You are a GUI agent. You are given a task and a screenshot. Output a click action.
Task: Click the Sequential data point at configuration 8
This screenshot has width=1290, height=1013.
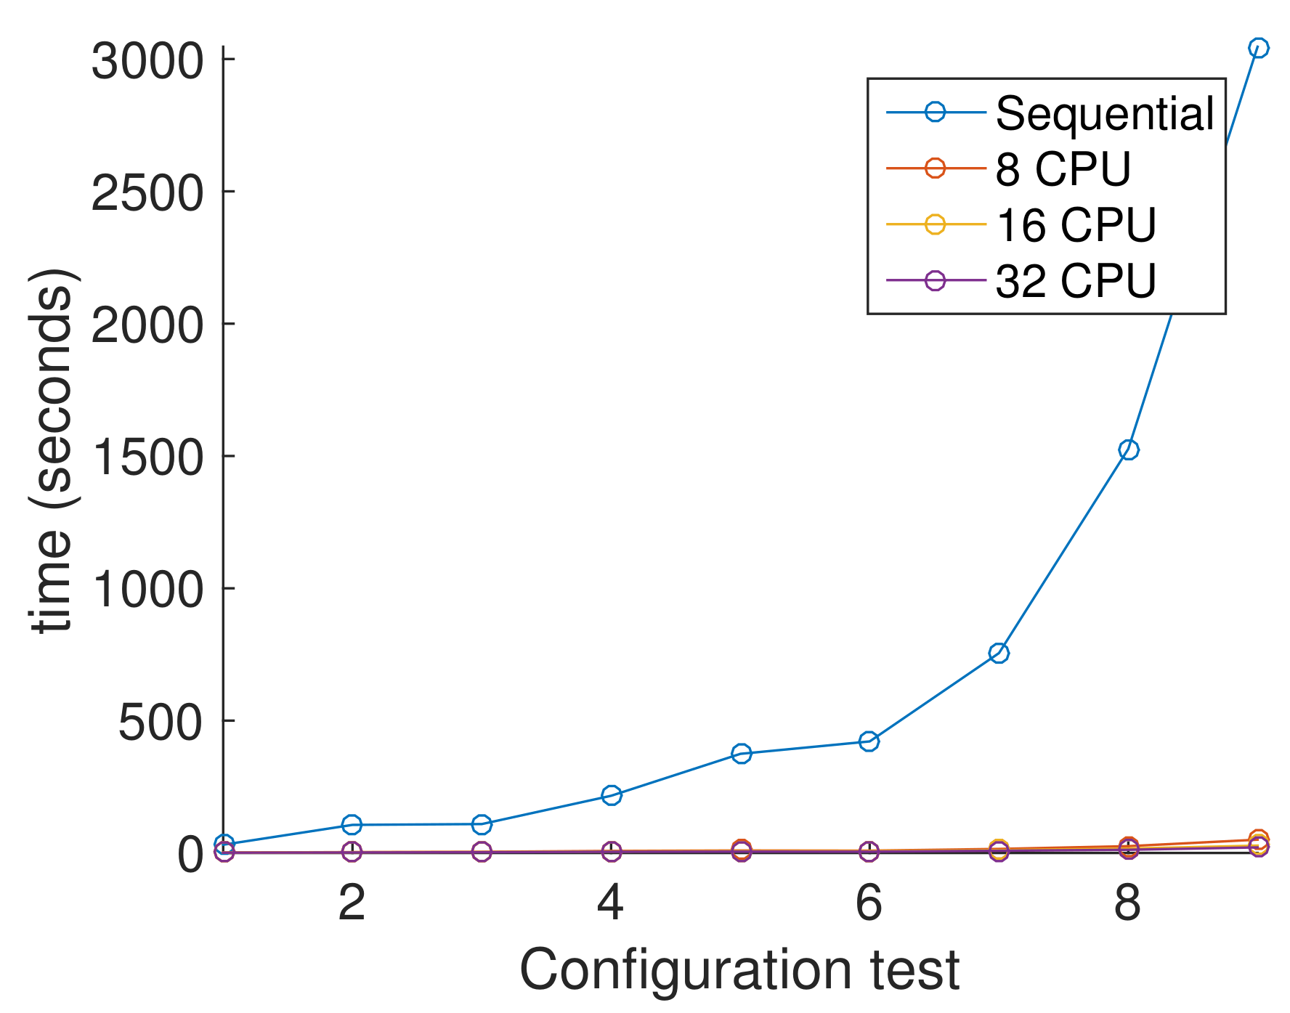pos(1128,449)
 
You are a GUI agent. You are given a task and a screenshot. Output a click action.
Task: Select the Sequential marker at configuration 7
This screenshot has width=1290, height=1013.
pos(999,653)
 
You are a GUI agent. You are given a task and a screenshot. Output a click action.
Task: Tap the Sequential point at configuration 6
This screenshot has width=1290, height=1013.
pos(869,741)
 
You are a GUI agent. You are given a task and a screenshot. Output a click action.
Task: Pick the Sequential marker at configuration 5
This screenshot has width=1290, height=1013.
pos(741,753)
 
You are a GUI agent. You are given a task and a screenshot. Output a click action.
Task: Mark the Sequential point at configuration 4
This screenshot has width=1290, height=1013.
pos(612,795)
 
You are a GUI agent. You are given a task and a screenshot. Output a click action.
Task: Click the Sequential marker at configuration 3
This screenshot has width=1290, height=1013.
pos(482,824)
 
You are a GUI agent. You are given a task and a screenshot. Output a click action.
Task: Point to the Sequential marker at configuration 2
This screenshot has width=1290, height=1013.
pos(352,824)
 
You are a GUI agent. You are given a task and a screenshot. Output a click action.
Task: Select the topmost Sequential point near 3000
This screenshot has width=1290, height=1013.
pos(1258,48)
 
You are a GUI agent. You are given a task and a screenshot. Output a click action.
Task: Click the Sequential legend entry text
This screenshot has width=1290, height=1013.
pos(1104,113)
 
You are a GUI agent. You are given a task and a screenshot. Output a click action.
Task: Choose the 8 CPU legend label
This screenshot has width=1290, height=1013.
pos(1063,169)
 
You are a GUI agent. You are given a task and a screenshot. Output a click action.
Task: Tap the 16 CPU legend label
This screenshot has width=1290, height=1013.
pos(1075,225)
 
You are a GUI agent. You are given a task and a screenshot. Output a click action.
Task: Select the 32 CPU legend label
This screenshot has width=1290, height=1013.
pos(1075,281)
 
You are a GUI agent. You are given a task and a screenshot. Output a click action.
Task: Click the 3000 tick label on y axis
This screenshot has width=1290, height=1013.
pos(147,61)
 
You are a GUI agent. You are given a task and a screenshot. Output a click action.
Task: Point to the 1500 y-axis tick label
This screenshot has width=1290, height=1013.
pos(147,457)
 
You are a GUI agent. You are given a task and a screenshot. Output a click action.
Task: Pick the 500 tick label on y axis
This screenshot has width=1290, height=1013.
pos(160,723)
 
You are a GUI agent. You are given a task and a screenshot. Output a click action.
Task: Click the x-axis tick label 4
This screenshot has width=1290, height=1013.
pos(610,903)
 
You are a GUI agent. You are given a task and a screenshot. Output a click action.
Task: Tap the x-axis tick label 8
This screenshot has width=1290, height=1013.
pos(1127,903)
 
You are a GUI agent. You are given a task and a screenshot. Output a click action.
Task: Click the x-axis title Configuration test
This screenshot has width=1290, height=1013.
pos(739,969)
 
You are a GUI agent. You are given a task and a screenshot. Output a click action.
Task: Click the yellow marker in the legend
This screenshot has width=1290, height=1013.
pos(936,224)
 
